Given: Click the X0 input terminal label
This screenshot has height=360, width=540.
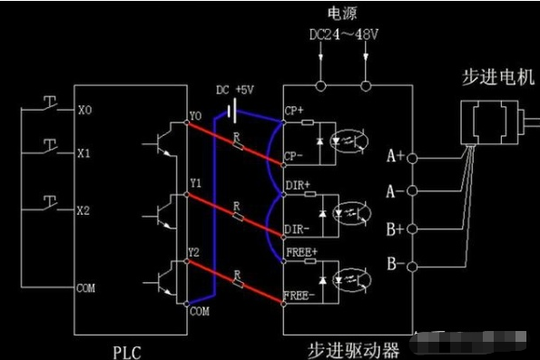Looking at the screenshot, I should coord(85,111).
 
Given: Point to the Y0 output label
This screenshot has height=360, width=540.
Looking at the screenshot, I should coord(195,116).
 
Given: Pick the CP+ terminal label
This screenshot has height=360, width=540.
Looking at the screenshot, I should coord(295,112).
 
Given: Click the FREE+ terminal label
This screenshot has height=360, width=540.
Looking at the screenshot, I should coord(300,250).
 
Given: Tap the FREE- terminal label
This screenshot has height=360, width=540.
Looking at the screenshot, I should coord(300,296).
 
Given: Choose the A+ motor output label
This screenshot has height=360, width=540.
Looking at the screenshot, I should coord(395,156).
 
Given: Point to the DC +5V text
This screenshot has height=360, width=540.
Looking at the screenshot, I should coord(234,90).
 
